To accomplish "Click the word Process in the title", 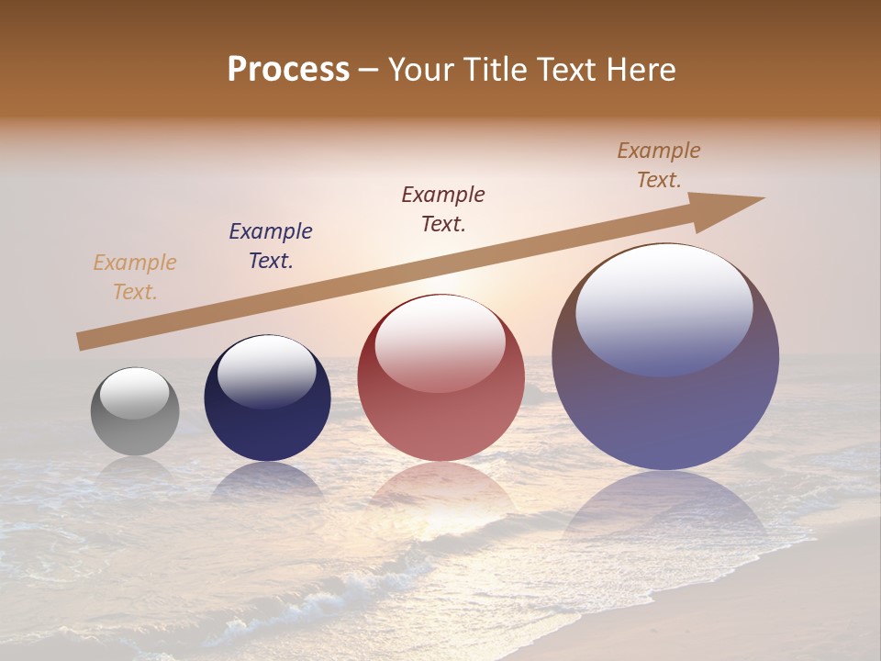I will point(288,70).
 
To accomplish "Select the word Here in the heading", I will point(641,70).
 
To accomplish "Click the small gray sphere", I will point(135,422).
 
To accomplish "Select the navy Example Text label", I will point(271,246).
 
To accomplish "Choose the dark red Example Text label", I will point(443,208).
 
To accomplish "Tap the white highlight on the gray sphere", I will point(134,393).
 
